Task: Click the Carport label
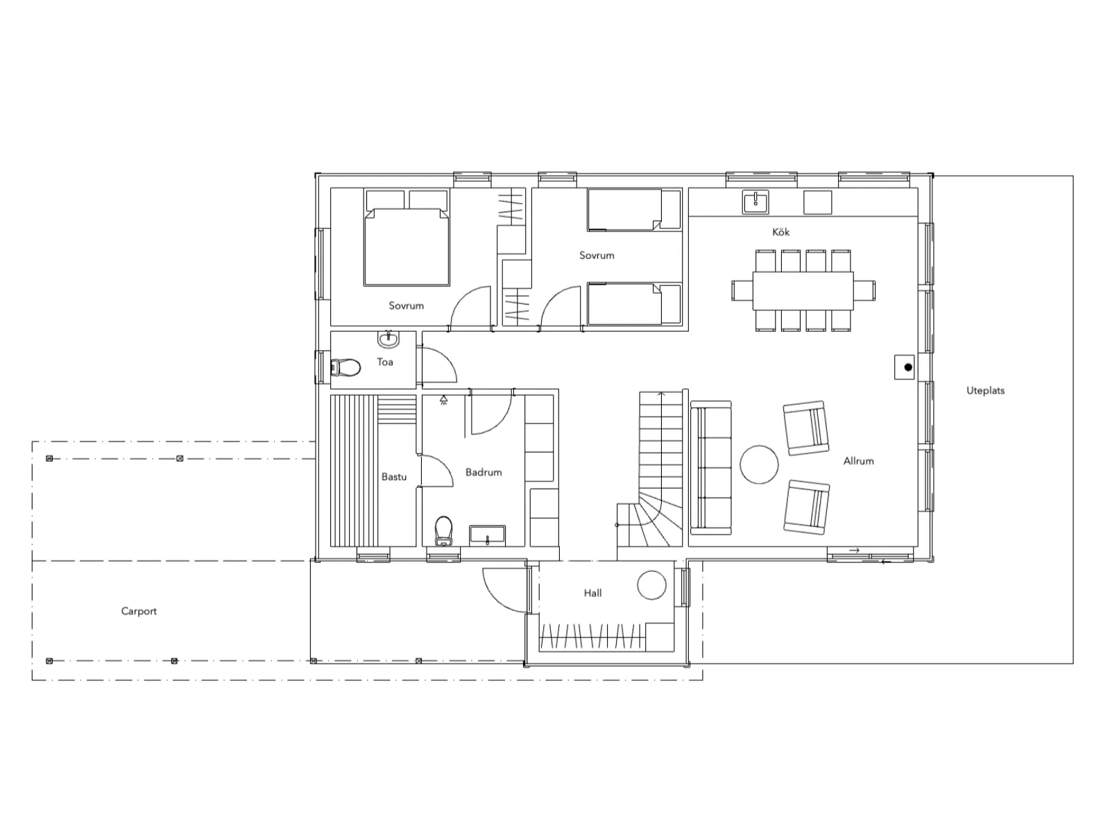139,611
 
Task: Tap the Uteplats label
985,390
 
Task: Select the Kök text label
780,232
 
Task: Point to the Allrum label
858,461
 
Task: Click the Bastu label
394,476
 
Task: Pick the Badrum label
484,472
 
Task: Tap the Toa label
385,362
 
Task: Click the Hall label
592,593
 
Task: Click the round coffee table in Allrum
759,464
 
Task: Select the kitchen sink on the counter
755,202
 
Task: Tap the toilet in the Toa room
345,368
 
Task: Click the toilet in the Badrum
444,531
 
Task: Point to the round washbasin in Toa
388,339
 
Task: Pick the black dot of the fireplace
908,368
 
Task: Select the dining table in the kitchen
803,291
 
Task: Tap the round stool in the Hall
652,585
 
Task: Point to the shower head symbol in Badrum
443,401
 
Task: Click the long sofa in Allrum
711,467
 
